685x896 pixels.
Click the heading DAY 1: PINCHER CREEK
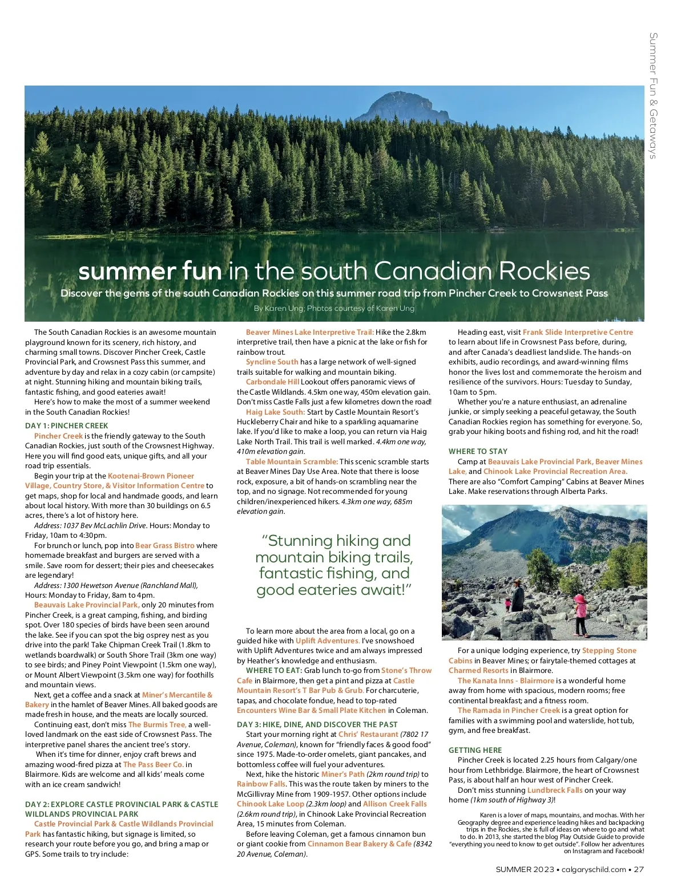[x=66, y=425]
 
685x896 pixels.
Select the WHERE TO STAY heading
[x=478, y=451]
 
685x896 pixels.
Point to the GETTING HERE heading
[x=475, y=750]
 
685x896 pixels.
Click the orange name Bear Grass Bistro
[x=164, y=545]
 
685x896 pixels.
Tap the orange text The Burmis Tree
[x=157, y=724]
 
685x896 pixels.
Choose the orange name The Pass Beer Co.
[x=154, y=764]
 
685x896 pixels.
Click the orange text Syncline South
[x=272, y=362]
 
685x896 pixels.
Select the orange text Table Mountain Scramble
[x=292, y=461]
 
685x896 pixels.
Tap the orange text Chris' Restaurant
[x=368, y=734]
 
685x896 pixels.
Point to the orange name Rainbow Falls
[x=261, y=784]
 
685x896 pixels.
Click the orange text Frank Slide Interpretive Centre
[x=578, y=332]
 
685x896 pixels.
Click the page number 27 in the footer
[x=639, y=869]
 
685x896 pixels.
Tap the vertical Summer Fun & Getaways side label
[x=654, y=95]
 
